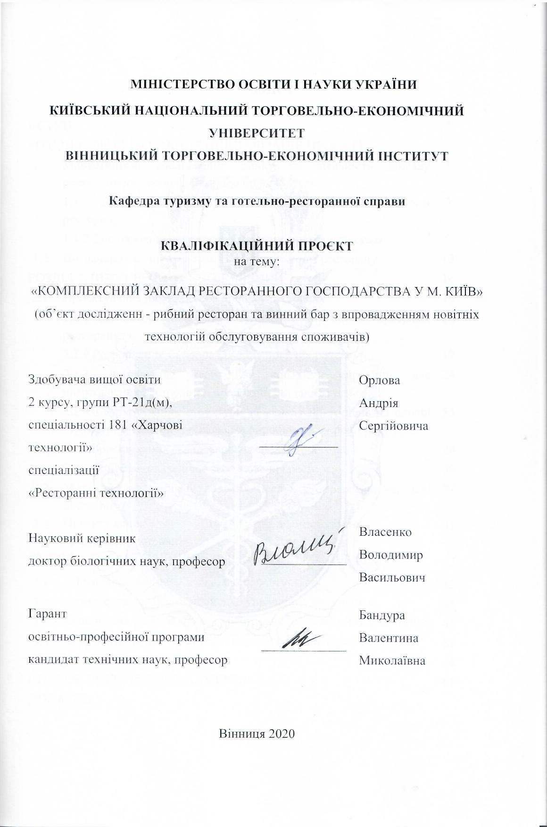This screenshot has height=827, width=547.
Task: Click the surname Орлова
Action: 379,380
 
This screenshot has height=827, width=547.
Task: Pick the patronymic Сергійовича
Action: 394,426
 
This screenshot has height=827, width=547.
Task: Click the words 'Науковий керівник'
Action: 82,538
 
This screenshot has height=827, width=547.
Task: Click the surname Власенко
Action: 385,532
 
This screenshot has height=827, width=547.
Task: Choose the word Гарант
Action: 48,614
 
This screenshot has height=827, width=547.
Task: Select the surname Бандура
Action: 382,615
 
